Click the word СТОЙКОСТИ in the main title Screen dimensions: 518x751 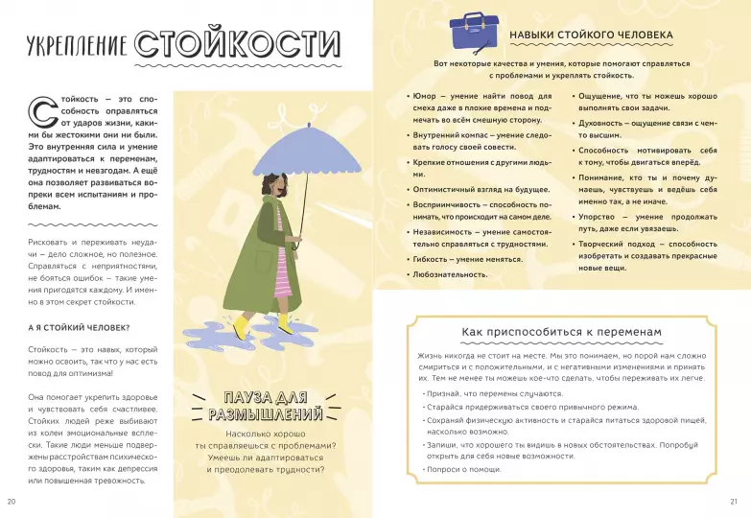[x=238, y=43]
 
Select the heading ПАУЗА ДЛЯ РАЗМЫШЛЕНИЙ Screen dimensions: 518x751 [x=265, y=406]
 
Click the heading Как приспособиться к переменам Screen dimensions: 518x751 [x=561, y=331]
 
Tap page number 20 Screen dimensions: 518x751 [x=12, y=501]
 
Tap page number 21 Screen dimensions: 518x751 [x=735, y=501]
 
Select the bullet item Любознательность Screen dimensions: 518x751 [x=451, y=274]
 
